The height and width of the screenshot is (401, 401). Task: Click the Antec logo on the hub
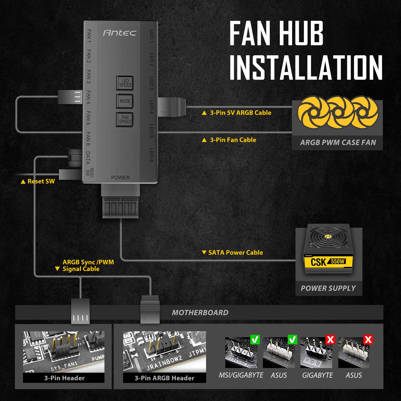pyautogui.click(x=119, y=33)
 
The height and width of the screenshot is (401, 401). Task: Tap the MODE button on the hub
pyautogui.click(x=125, y=101)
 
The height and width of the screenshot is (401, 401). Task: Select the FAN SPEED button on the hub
pyautogui.click(x=125, y=119)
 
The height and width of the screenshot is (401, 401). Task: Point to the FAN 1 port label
pyautogui.click(x=89, y=36)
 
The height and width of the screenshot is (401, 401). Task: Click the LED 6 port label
pyautogui.click(x=152, y=155)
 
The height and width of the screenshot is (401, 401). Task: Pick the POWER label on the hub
pyautogui.click(x=120, y=178)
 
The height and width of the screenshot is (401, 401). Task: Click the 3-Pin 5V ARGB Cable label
pyautogui.click(x=240, y=113)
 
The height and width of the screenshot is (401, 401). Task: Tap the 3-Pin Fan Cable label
pyautogui.click(x=233, y=140)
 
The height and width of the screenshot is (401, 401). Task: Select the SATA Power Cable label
pyautogui.click(x=235, y=252)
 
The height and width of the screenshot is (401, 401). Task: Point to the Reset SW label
pyautogui.click(x=41, y=181)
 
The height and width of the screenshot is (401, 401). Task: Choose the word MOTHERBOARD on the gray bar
pyautogui.click(x=200, y=313)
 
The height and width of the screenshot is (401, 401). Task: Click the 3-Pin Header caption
pyautogui.click(x=64, y=378)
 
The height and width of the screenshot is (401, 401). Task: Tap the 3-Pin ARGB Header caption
pyautogui.click(x=164, y=378)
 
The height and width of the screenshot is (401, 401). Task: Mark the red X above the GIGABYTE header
pyautogui.click(x=330, y=340)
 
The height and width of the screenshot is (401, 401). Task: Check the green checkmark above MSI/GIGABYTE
pyautogui.click(x=255, y=340)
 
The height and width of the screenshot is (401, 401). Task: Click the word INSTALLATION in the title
pyautogui.click(x=306, y=67)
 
